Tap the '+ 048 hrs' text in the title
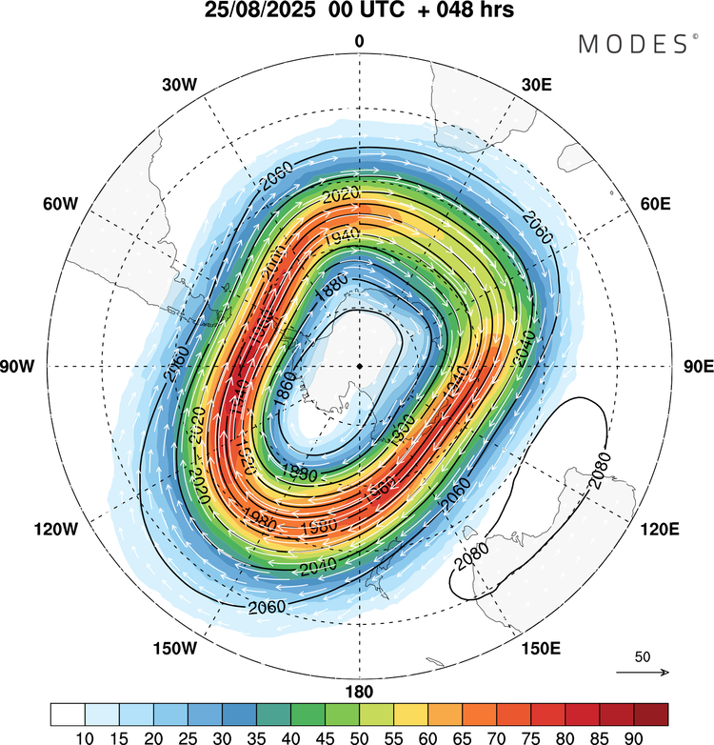(463, 12)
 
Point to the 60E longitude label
(657, 205)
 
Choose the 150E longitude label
(539, 649)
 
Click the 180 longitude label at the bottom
(360, 692)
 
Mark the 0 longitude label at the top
(360, 41)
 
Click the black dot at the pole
(360, 366)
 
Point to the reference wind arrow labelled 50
(643, 672)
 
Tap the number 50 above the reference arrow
(643, 657)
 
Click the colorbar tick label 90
(632, 735)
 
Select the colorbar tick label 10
(86, 735)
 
